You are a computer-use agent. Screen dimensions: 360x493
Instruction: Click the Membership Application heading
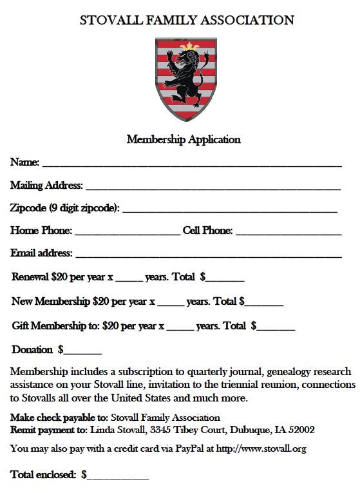[184, 139]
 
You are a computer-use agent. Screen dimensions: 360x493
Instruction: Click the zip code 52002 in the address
[301, 429]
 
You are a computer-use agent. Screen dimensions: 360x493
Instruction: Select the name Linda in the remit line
[102, 429]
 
